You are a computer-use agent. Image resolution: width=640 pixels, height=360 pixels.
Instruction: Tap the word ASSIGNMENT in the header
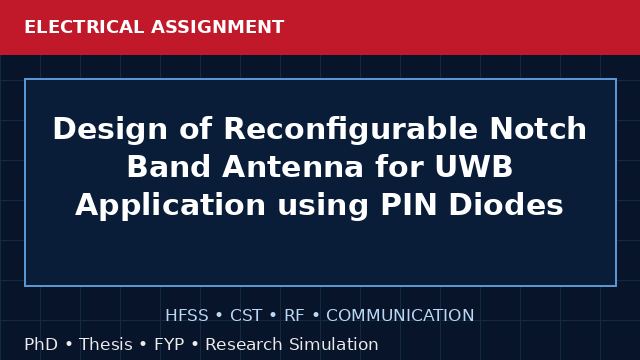218,27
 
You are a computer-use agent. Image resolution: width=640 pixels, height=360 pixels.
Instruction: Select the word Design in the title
110,130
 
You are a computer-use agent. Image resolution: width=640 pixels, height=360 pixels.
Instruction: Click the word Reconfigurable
351,130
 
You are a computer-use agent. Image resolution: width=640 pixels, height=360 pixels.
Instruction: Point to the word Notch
538,129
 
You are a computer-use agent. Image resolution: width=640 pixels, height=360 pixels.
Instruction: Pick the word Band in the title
169,167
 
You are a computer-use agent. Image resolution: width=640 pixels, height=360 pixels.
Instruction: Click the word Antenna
293,167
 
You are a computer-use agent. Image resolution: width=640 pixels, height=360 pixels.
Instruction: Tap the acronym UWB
473,167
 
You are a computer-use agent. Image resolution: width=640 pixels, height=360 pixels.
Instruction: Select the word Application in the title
170,206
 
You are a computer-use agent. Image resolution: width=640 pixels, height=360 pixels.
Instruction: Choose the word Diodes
506,204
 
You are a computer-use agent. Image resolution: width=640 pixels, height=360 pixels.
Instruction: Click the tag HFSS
187,316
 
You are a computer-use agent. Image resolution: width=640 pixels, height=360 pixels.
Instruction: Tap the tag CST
246,316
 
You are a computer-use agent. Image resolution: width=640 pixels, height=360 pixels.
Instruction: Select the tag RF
294,316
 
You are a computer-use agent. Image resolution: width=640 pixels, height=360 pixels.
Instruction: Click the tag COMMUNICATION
400,316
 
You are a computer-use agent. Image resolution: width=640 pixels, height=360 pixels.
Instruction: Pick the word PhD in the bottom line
41,344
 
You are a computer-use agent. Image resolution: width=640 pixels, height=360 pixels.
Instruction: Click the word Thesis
106,344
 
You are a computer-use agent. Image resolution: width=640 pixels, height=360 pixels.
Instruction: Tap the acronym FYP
169,344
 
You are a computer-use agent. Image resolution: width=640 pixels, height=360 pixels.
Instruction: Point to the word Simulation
333,344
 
